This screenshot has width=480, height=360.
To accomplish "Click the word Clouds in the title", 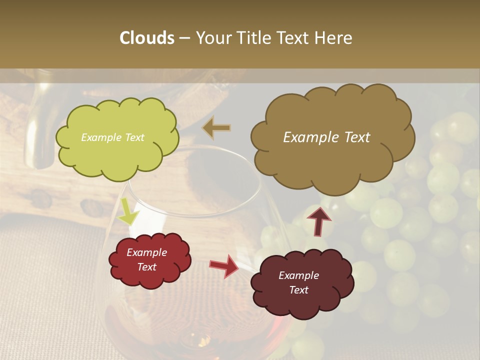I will (x=147, y=38).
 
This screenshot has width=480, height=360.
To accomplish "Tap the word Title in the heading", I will (x=253, y=38).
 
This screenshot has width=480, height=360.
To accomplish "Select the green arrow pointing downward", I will (x=127, y=213).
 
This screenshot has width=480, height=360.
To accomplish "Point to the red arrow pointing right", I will (x=224, y=265).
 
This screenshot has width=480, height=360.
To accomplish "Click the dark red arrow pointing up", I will (x=318, y=220).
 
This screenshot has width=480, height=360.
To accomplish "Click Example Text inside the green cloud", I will (x=112, y=137).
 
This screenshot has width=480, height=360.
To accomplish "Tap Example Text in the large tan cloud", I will (x=326, y=137).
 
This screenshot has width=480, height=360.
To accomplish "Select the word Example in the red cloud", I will (x=146, y=252).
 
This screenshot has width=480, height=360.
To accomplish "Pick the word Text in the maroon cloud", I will (x=298, y=290).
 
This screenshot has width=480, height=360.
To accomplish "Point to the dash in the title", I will (x=184, y=38).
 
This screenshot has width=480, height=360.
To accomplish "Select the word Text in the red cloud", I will (x=146, y=267).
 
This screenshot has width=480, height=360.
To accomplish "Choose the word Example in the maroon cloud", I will (x=298, y=275).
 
